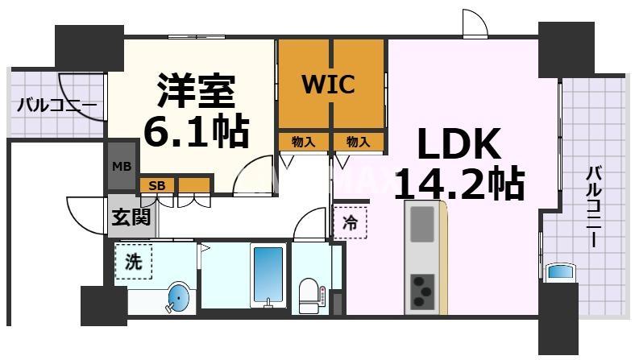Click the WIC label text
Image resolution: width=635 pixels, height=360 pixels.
(328, 85)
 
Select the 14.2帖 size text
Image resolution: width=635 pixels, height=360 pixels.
(459, 185)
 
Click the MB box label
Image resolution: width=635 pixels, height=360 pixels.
(122, 167)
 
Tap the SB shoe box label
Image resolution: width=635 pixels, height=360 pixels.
(158, 185)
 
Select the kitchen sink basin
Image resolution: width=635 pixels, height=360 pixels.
(422, 225)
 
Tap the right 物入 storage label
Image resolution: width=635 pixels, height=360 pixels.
(358, 142)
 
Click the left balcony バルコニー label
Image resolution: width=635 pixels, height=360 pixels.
(56, 105)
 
